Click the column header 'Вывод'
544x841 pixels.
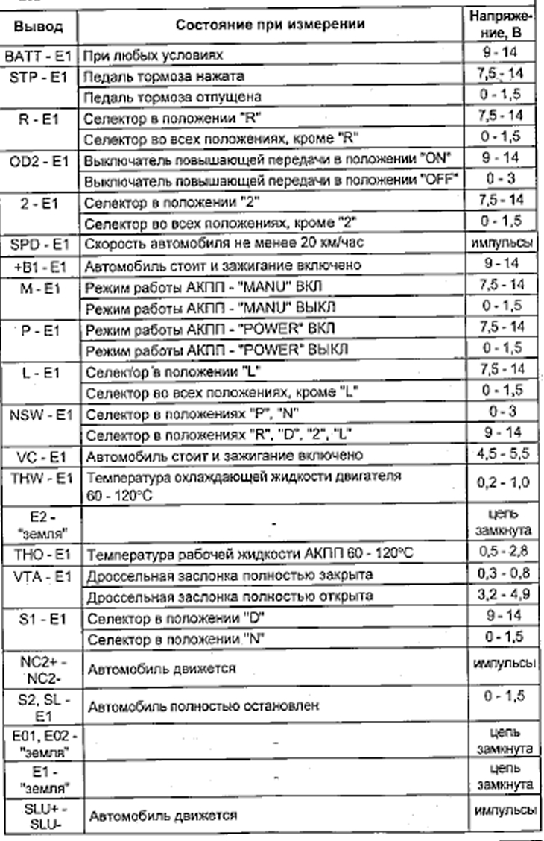tap(39, 27)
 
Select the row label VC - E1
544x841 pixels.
tap(39, 455)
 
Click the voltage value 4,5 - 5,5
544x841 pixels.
tap(500, 454)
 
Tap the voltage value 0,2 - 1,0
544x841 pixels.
tap(500, 483)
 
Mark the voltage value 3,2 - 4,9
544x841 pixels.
tap(500, 596)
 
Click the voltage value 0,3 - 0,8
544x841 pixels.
tap(500, 576)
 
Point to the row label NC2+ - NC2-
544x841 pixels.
tap(39, 668)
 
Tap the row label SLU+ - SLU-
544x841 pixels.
tap(39, 815)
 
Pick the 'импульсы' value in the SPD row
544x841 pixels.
tap(500, 244)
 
